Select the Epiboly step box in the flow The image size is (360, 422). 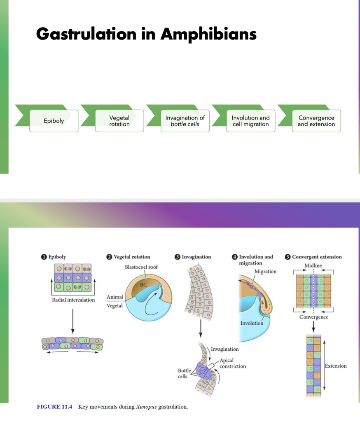(54, 121)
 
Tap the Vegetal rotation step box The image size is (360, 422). (119, 121)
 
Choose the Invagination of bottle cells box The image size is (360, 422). (185, 121)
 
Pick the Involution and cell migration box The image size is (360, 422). (250, 121)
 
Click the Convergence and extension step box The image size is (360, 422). (316, 121)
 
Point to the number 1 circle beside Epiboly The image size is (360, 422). (43, 257)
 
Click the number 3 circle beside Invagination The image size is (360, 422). (177, 257)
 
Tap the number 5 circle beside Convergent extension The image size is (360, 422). (288, 257)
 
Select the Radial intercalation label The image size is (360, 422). (73, 300)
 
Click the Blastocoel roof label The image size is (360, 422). (141, 267)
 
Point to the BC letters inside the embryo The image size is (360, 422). (143, 284)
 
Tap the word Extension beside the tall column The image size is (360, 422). (336, 366)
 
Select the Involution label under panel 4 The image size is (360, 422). (252, 323)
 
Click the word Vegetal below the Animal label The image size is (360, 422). (115, 306)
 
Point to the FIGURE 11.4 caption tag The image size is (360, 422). (54, 407)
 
